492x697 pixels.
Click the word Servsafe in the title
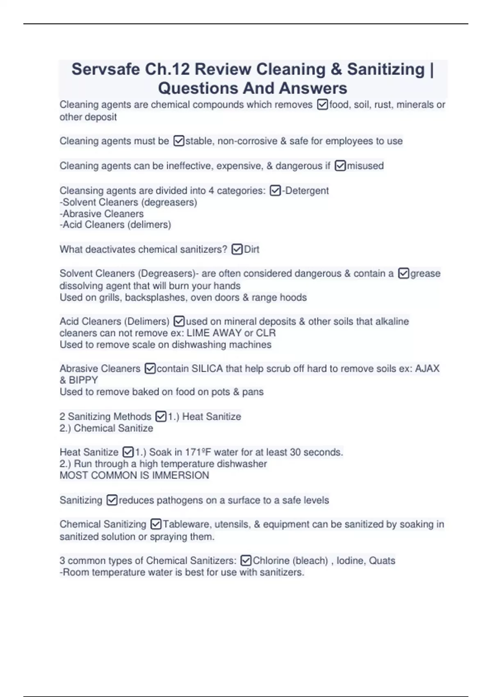[x=105, y=69]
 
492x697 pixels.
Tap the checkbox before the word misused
[x=340, y=166]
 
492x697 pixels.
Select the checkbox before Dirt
[x=237, y=249]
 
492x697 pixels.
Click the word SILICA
[x=207, y=369]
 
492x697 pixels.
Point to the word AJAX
[x=427, y=369]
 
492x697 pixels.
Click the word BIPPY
[x=83, y=380]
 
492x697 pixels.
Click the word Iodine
[x=351, y=560]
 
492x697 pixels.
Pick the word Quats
[x=382, y=560]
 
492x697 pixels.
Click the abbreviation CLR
[x=266, y=333]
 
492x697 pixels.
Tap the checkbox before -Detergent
[x=275, y=191]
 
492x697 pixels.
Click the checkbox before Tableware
[x=156, y=524]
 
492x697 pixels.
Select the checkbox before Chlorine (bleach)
[x=246, y=560]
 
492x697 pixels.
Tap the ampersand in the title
[x=336, y=69]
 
